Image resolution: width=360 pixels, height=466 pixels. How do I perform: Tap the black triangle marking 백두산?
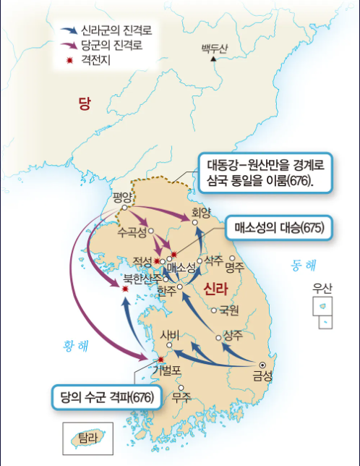pyautogui.click(x=213, y=59)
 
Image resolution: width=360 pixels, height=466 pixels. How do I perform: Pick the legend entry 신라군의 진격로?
pyautogui.click(x=116, y=32)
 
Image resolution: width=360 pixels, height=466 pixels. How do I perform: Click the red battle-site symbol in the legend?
pyautogui.click(x=68, y=57)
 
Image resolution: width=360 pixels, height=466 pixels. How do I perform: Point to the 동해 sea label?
pyautogui.click(x=305, y=265)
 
